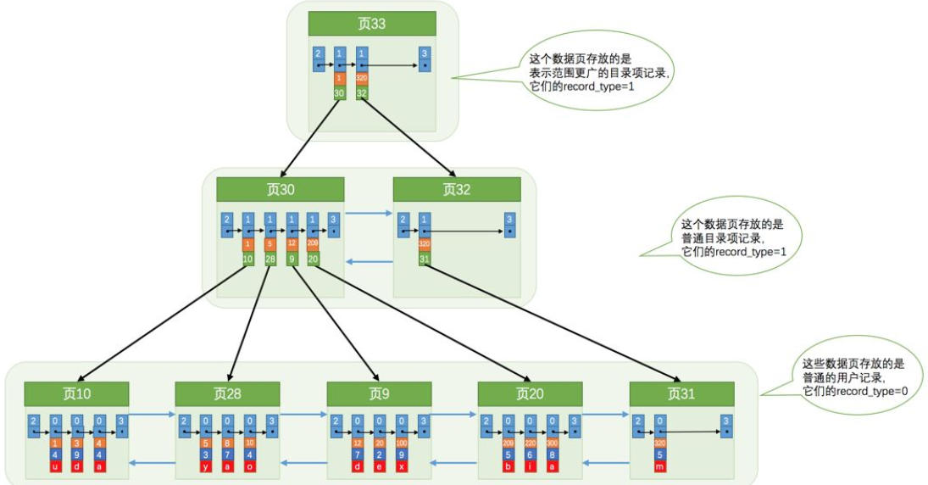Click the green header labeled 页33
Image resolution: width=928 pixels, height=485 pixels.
coord(372,24)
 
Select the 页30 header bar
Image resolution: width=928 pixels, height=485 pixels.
coord(281,189)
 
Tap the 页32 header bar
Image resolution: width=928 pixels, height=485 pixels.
coord(457,189)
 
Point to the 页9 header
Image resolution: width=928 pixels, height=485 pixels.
coord(379,393)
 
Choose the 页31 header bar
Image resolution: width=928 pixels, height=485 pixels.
coord(681,393)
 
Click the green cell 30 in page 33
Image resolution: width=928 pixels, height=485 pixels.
coord(339,93)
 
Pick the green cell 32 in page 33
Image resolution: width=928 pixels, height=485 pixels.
coord(362,93)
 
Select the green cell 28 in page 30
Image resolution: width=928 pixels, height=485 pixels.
coord(270,259)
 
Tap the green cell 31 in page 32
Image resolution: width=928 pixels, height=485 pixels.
coord(425,259)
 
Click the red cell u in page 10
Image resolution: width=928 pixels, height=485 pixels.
coord(56,465)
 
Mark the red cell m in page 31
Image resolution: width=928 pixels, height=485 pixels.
coord(660,465)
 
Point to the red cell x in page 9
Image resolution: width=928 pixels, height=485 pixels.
coord(402,465)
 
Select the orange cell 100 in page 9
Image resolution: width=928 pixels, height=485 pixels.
coord(402,442)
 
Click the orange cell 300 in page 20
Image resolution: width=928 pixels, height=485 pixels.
coord(553,442)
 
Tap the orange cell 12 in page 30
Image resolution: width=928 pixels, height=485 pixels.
coord(292,244)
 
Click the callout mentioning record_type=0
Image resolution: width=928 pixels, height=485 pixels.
coord(856,377)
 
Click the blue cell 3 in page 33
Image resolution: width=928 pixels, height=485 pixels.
coord(424,58)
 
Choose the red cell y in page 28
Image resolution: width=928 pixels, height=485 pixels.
coord(206,465)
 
